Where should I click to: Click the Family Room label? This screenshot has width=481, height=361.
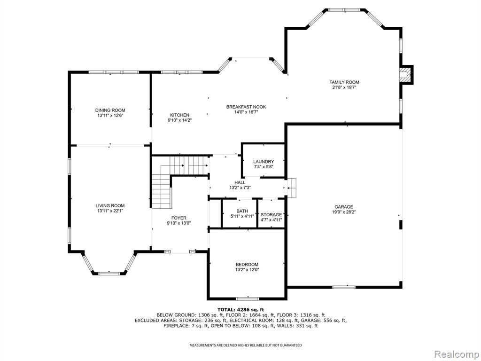pos(344,82)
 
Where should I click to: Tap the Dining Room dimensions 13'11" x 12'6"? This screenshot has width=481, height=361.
pos(110,116)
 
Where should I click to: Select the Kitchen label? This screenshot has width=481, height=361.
pos(180,115)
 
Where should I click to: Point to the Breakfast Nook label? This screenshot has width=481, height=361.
pos(246,107)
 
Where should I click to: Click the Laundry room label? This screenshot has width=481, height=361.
pos(264,162)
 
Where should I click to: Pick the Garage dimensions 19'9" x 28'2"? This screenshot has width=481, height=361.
pos(343,212)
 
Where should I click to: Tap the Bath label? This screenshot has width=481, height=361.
pos(242,211)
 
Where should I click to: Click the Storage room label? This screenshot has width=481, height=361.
pos(271,214)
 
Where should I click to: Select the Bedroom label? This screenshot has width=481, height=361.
pos(247,264)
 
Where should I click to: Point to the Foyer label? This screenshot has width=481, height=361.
pos(179,218)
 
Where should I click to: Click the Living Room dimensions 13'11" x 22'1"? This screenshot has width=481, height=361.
pos(110,211)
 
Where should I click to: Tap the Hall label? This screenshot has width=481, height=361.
pos(240,182)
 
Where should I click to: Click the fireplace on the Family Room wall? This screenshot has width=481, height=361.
pos(406,75)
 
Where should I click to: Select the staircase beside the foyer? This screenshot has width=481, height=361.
pos(172,177)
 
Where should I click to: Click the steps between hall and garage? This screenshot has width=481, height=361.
pos(291,188)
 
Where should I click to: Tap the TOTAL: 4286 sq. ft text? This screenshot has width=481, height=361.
pos(240,309)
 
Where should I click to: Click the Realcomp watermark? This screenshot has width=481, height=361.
pos(457,354)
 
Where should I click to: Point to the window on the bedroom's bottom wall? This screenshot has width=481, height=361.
pos(248,298)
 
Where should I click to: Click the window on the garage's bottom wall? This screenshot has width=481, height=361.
pos(344,287)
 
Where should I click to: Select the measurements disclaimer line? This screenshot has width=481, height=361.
pos(245,345)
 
